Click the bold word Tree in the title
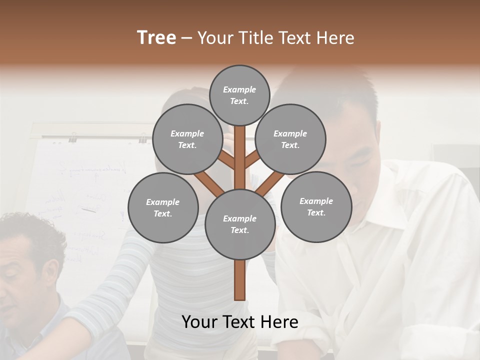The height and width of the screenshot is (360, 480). click(156, 38)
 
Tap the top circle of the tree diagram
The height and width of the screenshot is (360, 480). click(239, 95)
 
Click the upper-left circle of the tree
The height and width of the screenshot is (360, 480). click(187, 139)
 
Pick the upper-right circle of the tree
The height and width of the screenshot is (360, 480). click(290, 139)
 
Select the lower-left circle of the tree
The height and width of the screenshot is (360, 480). click(163, 207)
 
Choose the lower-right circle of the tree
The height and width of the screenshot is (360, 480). click(316, 206)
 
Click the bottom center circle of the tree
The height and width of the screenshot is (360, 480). click(239, 224)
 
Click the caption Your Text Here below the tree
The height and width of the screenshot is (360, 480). click(239, 322)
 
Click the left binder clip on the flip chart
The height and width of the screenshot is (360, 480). click(73, 136)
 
